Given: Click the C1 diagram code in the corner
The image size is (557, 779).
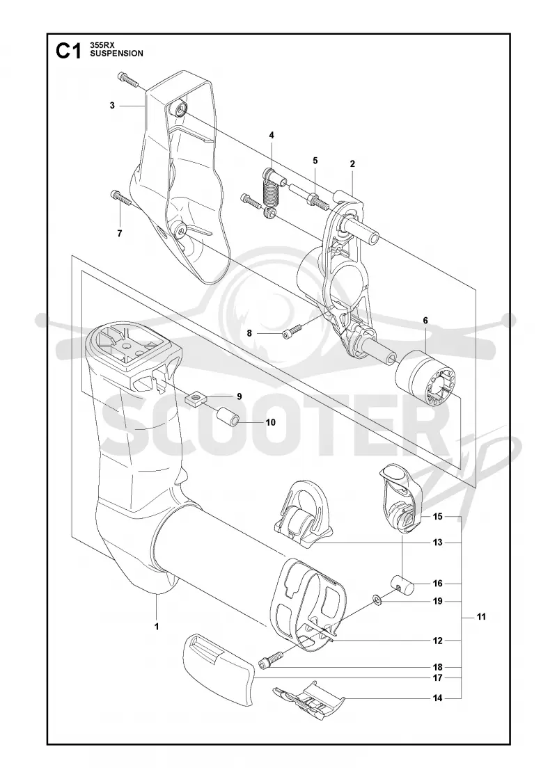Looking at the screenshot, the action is point(68,51).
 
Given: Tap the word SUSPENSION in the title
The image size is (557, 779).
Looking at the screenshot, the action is point(116,54).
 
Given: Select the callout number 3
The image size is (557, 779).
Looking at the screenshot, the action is point(112,105).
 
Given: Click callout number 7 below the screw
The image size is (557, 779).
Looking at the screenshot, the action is point(119,234).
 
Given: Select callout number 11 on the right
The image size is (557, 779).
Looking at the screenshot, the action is point(481,617).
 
